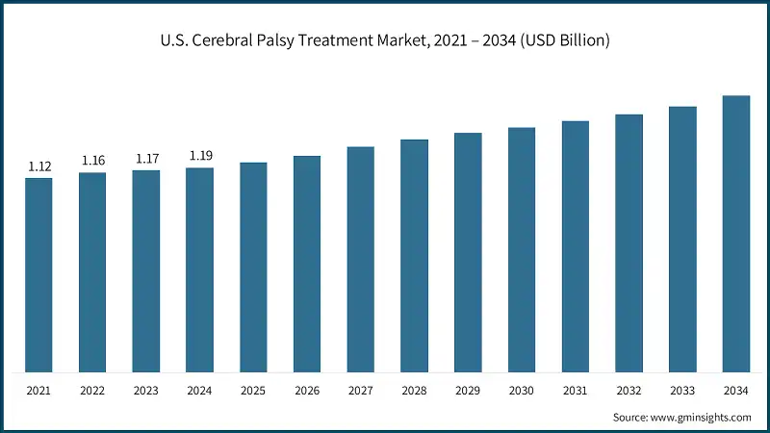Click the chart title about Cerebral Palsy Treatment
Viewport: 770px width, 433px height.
[385, 40]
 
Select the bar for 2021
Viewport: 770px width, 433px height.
[39, 275]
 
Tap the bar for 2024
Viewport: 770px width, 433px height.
[200, 270]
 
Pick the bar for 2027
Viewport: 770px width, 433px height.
[361, 260]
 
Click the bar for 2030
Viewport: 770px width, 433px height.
[522, 250]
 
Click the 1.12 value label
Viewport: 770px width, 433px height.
[39, 166]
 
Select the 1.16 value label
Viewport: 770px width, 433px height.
[93, 161]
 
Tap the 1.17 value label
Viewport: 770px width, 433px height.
[146, 159]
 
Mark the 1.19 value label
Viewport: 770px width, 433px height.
[200, 156]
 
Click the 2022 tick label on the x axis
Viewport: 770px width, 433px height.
[93, 392]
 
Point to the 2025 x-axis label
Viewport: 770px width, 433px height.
[254, 392]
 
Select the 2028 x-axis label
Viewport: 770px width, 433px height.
[415, 392]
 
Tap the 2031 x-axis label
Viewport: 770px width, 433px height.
[576, 392]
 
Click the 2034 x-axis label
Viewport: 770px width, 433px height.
[736, 392]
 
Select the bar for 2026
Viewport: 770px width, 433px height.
[307, 265]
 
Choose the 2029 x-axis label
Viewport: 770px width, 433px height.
[468, 392]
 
